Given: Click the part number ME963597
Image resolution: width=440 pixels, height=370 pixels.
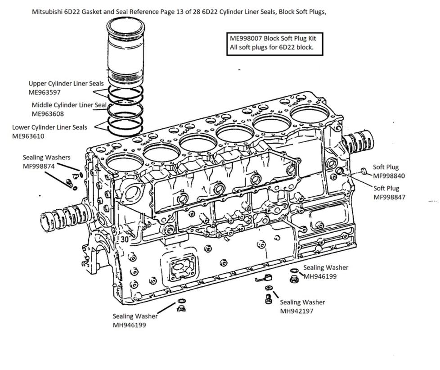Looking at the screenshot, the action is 45,92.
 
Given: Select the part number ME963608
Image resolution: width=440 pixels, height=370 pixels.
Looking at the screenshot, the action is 48,114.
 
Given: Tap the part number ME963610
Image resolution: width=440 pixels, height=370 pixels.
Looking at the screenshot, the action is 28,136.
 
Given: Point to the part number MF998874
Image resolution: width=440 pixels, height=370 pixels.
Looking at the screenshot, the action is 39,167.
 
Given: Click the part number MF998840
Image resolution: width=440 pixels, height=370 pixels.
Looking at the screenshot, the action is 389,176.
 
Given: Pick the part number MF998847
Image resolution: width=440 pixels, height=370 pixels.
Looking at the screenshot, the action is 390,197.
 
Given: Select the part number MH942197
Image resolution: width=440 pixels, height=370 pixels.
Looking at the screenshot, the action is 296,311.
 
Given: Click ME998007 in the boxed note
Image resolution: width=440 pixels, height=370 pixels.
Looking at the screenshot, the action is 246,38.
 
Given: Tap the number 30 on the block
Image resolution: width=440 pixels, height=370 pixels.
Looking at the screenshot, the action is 125,239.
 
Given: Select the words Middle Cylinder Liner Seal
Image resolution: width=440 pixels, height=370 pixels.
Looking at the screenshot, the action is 69,105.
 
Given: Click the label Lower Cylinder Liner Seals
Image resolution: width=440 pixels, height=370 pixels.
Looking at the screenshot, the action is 49,127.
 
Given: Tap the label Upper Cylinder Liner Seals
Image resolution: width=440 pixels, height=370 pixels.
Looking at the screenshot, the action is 66,84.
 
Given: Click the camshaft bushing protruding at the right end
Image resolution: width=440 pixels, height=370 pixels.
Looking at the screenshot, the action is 358,142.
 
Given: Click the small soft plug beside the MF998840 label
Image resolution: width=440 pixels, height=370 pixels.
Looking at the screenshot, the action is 364,171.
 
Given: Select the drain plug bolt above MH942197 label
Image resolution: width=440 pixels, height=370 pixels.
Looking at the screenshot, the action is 268,299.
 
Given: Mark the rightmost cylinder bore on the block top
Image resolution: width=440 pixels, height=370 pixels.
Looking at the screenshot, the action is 310,114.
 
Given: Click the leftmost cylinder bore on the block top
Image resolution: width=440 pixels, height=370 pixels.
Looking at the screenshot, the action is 125,162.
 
